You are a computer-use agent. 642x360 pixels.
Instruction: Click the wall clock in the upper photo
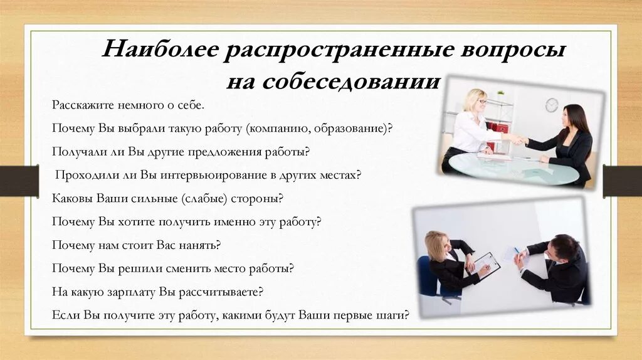tap(551, 105)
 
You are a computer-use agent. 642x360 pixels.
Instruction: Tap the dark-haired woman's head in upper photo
tap(575, 117)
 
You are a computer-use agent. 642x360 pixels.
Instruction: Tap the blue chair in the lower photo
tap(429, 277)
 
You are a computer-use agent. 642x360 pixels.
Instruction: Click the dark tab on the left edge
tap(19, 180)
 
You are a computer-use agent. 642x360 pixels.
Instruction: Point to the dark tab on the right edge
tap(622, 181)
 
